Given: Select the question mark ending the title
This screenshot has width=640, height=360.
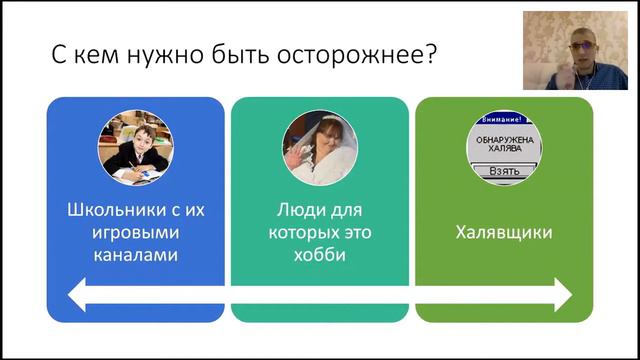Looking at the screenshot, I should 429,54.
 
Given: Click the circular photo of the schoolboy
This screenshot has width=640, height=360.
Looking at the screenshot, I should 135,148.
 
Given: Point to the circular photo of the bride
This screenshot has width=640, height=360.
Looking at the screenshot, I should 320,148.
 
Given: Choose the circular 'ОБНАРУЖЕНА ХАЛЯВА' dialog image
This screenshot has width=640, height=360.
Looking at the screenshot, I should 504,148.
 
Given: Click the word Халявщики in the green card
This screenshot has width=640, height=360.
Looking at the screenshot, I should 504,233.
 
